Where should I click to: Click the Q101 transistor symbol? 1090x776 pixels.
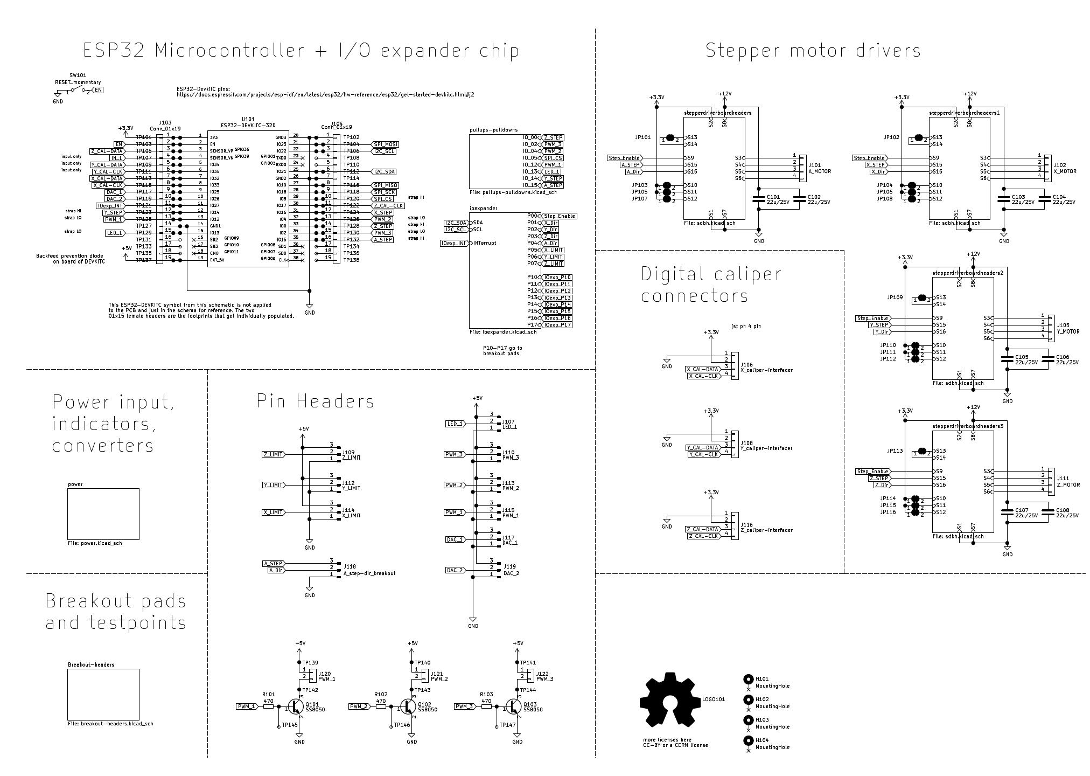(x=295, y=706)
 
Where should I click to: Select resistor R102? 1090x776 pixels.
(x=381, y=706)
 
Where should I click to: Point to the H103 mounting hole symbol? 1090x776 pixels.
(x=748, y=720)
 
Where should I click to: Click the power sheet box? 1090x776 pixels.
(x=103, y=513)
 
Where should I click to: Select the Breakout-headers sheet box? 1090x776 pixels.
(x=103, y=694)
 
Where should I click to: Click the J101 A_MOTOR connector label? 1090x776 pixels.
(x=820, y=169)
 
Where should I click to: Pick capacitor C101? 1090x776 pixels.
(x=759, y=200)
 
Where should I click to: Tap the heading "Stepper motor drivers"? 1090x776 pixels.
(x=813, y=51)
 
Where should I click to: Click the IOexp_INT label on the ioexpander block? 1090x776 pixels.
(x=454, y=244)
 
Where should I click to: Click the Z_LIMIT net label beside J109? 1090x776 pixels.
(x=273, y=455)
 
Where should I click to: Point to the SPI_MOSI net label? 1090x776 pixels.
(x=385, y=144)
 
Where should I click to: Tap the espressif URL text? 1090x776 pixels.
(x=325, y=94)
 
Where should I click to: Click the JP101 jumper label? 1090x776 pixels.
(x=643, y=137)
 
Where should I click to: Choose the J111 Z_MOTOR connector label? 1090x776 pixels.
(x=1068, y=481)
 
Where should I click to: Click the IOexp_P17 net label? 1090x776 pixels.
(x=557, y=325)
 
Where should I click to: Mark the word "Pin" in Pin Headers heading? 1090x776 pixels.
(x=270, y=401)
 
